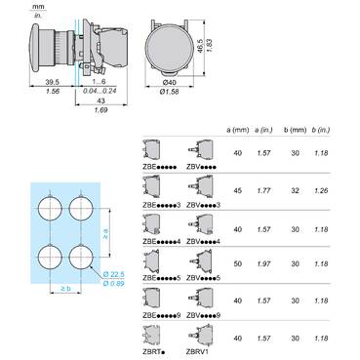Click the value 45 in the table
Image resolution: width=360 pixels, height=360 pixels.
pyautogui.click(x=235, y=179)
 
